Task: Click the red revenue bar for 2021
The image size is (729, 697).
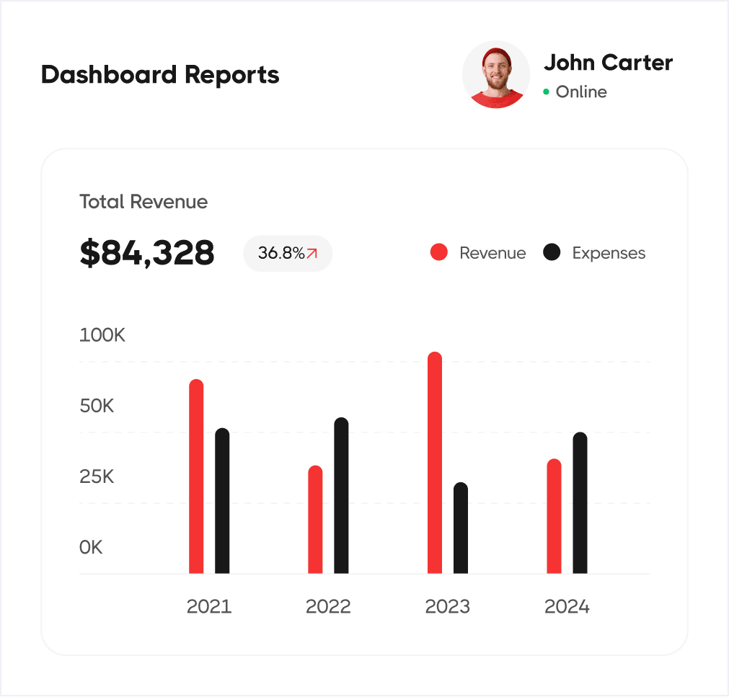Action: (x=196, y=476)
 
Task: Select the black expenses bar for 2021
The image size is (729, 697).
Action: (x=222, y=501)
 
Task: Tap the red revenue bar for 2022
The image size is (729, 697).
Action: (x=315, y=520)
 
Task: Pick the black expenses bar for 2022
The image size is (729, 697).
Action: (x=341, y=496)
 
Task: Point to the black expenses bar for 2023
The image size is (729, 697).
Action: (x=461, y=528)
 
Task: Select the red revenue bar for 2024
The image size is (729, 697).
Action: (x=554, y=516)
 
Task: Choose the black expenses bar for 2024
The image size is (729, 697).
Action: (x=580, y=503)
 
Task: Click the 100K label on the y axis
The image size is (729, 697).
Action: (x=102, y=335)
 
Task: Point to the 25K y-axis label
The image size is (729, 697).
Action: (x=97, y=476)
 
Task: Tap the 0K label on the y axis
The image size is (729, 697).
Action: (x=92, y=547)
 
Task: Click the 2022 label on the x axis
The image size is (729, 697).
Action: (x=328, y=606)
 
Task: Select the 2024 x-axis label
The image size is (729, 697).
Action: (x=567, y=606)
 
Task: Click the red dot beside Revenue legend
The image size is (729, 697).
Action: (x=439, y=252)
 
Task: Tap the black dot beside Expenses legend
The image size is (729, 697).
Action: (x=552, y=252)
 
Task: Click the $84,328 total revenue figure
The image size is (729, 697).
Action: (x=147, y=253)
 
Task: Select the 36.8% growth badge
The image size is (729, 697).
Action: (x=288, y=253)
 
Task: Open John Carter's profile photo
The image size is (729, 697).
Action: (x=496, y=75)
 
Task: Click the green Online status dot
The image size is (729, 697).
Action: (x=547, y=92)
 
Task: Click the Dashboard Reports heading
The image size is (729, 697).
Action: (x=160, y=75)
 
